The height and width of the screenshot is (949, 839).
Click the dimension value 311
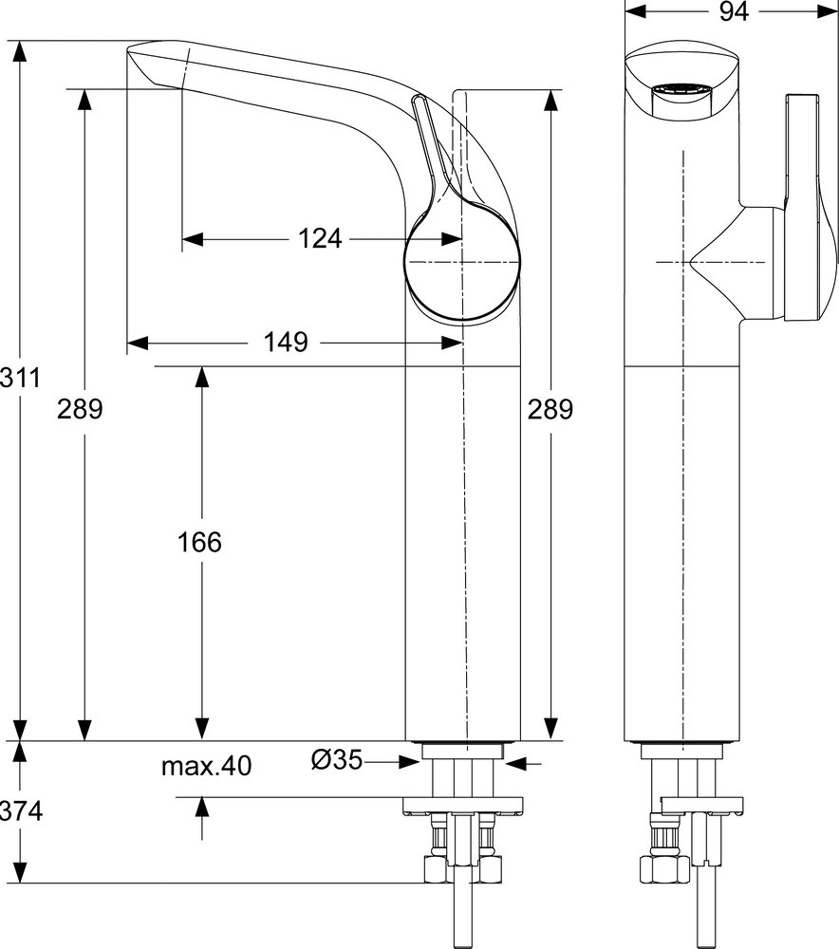[20, 378]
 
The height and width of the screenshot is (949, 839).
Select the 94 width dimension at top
[733, 10]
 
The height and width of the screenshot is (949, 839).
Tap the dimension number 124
[320, 239]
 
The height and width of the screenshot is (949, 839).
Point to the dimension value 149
[286, 343]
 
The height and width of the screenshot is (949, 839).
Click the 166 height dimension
[199, 542]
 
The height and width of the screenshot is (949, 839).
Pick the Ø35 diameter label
[337, 759]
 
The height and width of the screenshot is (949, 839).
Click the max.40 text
[206, 766]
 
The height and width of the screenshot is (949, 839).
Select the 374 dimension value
[21, 811]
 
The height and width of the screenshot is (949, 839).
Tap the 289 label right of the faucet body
[550, 410]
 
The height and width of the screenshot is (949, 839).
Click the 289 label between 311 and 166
[80, 410]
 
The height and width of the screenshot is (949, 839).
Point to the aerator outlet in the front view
[681, 92]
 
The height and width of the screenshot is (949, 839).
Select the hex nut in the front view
[664, 869]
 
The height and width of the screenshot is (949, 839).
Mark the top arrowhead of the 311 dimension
[20, 51]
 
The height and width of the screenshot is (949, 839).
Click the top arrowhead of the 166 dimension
[201, 377]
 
